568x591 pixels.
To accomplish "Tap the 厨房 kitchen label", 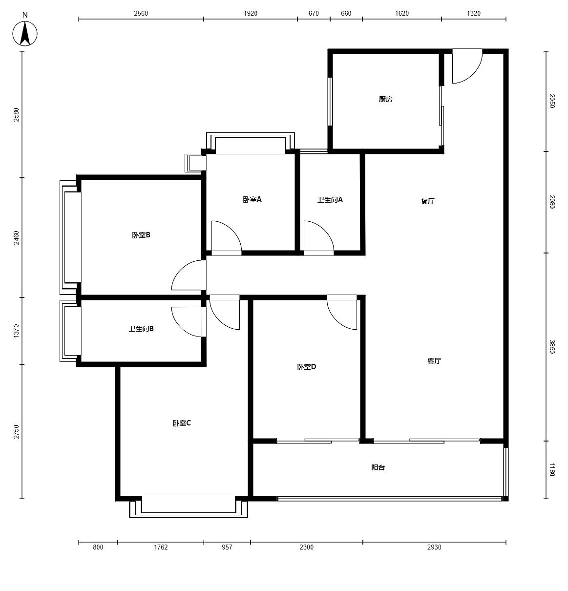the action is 385,99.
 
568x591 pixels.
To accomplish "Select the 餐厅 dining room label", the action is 428,201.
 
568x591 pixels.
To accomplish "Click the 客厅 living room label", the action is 434,361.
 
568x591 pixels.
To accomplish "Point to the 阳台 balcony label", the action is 378,467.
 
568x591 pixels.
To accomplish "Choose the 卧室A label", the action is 252,200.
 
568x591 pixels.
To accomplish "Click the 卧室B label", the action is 141,235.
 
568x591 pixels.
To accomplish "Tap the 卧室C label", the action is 182,423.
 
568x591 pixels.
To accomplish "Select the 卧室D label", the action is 307,367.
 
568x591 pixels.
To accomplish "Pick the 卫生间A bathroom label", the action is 330,200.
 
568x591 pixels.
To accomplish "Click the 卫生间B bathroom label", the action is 141,329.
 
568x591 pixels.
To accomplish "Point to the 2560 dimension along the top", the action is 141,13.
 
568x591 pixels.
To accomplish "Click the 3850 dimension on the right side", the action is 552,347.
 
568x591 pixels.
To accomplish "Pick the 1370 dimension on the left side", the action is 17,331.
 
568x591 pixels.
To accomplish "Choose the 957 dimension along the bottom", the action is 227,547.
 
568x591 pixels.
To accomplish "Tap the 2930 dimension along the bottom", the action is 434,547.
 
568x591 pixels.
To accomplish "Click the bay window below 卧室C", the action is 189,508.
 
